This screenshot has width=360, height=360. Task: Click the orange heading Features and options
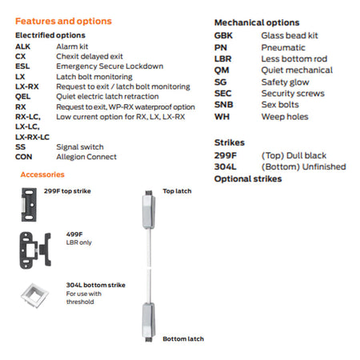coord(63,21)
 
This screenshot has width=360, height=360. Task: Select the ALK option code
coord(22,46)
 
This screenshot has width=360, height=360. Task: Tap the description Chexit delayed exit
coord(90,56)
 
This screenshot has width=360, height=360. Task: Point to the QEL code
coord(22,96)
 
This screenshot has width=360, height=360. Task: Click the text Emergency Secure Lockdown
coord(110,66)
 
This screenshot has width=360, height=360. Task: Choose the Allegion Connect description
coord(86,157)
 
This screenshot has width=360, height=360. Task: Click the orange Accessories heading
coord(42,174)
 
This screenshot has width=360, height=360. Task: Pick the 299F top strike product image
coord(29,205)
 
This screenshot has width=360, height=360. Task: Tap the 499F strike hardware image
coord(35,250)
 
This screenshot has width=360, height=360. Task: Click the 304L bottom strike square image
coord(34,295)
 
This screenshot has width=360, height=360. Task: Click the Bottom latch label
coord(183,338)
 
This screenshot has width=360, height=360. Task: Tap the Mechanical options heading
coord(257,22)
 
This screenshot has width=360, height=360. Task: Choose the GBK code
coord(223,35)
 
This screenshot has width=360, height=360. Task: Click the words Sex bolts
coord(280,105)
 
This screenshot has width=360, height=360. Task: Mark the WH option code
coord(222,117)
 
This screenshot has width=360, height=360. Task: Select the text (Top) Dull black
coord(294,155)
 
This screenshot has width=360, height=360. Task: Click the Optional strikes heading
coord(248,178)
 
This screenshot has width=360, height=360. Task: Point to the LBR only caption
coord(79,242)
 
